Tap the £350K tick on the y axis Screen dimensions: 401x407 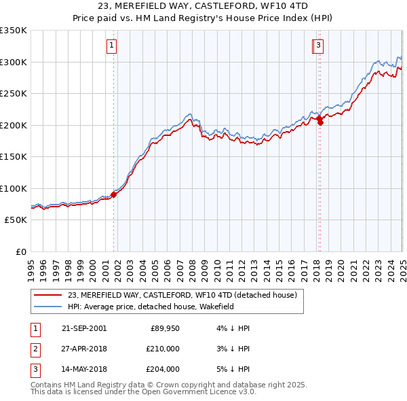(14, 31)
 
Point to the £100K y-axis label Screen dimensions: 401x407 (14, 188)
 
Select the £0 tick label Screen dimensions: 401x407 (22, 251)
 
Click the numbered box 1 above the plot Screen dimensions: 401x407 (111, 46)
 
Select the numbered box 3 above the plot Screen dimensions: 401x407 (318, 46)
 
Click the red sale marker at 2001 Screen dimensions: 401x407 (114, 194)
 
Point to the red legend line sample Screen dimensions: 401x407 (47, 296)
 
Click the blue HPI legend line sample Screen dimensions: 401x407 (47, 307)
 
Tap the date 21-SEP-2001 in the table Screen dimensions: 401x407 (83, 328)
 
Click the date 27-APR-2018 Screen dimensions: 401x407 (83, 349)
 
